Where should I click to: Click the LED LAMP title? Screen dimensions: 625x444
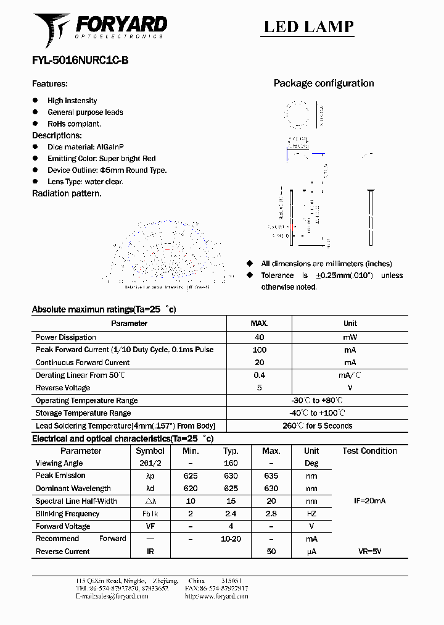coord(308,27)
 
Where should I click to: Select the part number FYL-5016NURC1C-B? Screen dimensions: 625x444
coord(80,61)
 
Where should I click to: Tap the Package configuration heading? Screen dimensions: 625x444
coord(323,83)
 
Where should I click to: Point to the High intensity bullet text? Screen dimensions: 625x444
coord(72,101)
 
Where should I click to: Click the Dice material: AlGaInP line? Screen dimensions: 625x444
coord(86,147)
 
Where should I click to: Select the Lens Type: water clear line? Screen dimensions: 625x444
coord(85,182)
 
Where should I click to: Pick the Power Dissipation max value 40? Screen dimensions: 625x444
coord(259,337)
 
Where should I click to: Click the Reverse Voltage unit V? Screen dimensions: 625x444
coord(350,388)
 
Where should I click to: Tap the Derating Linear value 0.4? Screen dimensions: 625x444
coord(259,375)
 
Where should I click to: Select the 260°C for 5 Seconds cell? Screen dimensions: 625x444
coord(318,426)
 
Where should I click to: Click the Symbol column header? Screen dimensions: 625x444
coord(150,451)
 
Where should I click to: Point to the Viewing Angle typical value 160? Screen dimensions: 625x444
coord(231,463)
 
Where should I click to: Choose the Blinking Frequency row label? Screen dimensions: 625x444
coord(67,514)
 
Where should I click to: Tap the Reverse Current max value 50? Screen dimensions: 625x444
coord(271,552)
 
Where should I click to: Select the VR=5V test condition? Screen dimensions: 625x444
coord(369,552)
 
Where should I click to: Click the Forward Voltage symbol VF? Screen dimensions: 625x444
coord(150,526)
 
